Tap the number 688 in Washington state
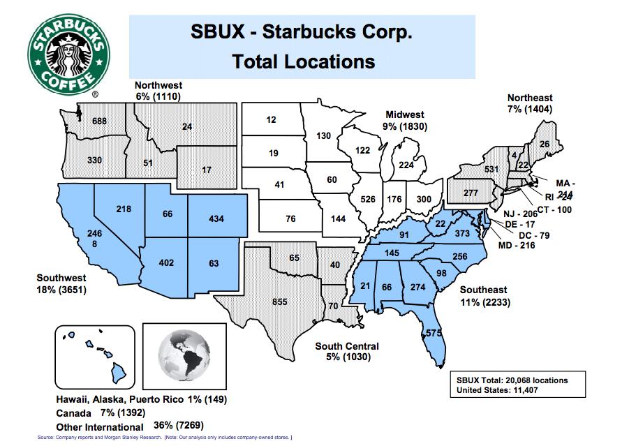(x=100, y=121)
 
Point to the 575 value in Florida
(x=434, y=334)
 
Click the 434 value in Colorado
(x=216, y=219)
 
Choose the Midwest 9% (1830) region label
(x=405, y=121)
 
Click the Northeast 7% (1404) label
(x=530, y=104)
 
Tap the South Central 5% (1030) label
(x=347, y=351)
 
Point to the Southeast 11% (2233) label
(x=483, y=296)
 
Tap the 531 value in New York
(x=471, y=170)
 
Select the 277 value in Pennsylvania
(x=470, y=192)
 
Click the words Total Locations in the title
(x=304, y=61)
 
